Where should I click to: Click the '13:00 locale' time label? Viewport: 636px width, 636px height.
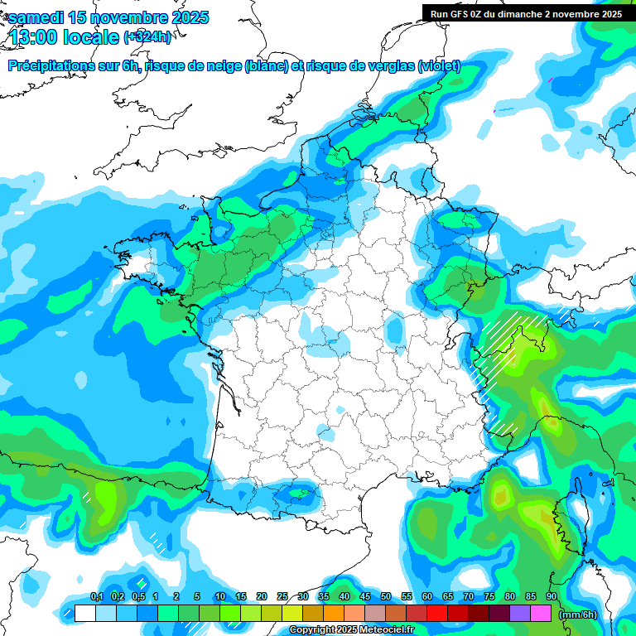pos(65,37)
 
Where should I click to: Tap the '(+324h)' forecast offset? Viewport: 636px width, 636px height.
pos(147,37)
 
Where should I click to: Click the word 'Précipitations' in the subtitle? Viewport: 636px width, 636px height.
pos(51,66)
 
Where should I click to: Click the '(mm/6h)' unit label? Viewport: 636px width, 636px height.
pos(578,614)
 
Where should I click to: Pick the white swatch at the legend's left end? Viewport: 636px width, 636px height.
pos(84,614)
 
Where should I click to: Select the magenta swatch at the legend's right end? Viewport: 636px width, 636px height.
pos(541,614)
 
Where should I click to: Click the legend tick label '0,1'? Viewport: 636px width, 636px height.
pos(96,597)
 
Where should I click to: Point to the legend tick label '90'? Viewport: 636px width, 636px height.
pos(551,597)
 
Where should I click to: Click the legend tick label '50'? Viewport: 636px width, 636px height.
pos(386,597)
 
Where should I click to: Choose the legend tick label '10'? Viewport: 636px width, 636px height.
pos(220,597)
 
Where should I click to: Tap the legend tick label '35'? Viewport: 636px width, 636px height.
pos(324,597)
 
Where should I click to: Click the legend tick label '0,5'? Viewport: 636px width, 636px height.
pos(138,597)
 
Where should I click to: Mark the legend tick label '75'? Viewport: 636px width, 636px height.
pos(489,597)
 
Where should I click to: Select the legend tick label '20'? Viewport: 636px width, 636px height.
pos(262,597)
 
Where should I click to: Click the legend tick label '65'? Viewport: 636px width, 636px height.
pos(448,597)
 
